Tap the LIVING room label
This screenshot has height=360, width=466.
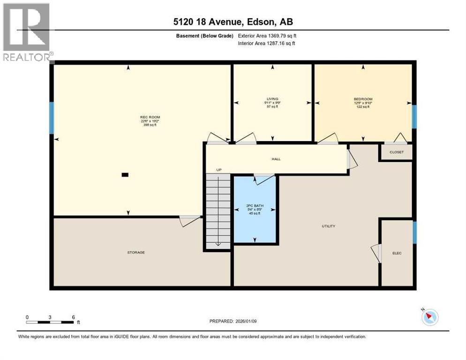[272, 99]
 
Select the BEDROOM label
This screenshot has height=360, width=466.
[363, 99]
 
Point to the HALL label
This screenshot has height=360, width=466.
[276, 159]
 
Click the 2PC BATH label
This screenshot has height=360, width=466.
[255, 205]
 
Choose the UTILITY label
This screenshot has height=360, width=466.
[328, 226]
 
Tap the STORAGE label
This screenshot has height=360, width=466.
[136, 252]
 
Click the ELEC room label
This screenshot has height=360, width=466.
[397, 253]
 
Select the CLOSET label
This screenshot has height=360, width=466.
[396, 152]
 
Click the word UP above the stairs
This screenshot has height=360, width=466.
[218, 170]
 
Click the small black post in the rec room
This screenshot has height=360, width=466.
[125, 175]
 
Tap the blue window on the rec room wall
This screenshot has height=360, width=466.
[52, 118]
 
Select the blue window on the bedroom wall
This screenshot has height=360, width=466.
[414, 116]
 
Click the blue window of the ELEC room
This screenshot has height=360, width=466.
[414, 232]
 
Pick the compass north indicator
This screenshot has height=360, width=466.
[429, 317]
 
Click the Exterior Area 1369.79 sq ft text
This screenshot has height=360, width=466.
[266, 35]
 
